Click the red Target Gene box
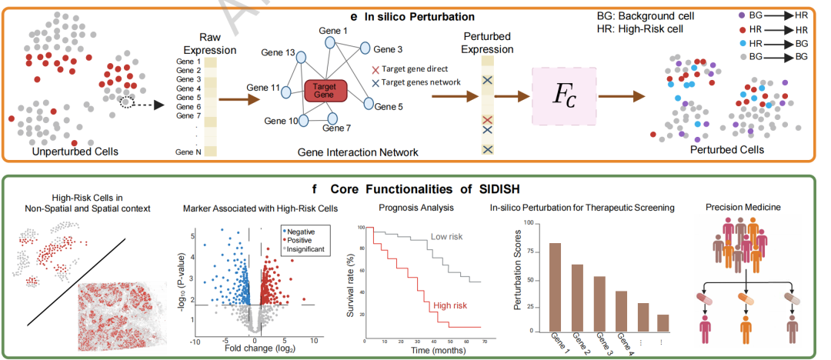pyautogui.click(x=326, y=91)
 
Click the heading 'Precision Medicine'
pyautogui.click(x=749, y=207)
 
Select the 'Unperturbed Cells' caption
pyautogui.click(x=75, y=152)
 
